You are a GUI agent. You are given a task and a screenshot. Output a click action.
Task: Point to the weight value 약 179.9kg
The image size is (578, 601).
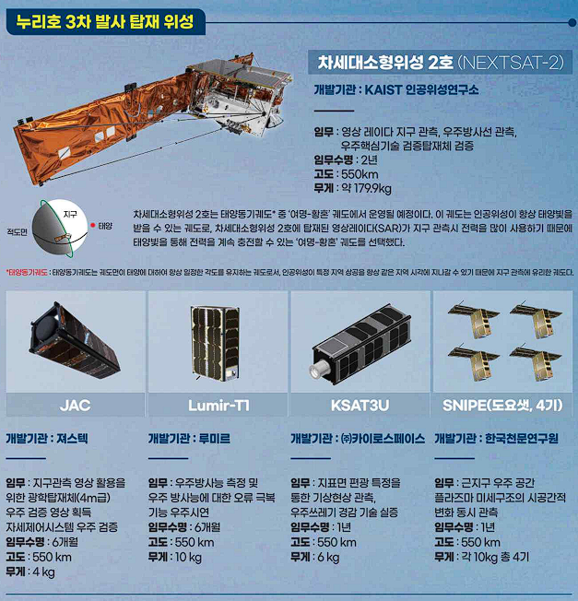pyautogui.click(x=367, y=188)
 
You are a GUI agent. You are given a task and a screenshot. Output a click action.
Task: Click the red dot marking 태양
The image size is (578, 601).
pyautogui.click(x=93, y=225)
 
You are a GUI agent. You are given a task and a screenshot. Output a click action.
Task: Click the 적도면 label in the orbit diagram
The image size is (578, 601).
pyautogui.click(x=18, y=234)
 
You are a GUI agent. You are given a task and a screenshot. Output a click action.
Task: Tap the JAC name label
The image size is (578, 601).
pyautogui.click(x=74, y=405)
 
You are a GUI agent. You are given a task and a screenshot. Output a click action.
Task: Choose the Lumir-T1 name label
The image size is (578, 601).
pyautogui.click(x=218, y=405)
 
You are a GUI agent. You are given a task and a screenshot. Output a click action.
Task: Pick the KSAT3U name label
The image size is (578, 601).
pyautogui.click(x=360, y=405)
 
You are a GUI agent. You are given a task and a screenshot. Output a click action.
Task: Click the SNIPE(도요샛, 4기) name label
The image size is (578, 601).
pyautogui.click(x=502, y=405)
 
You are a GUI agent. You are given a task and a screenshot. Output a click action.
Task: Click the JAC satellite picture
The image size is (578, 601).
pyautogui.click(x=74, y=341)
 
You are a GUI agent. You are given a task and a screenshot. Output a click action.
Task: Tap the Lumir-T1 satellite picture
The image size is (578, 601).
pyautogui.click(x=218, y=341)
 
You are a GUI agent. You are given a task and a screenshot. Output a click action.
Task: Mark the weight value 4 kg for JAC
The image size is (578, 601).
pyautogui.click(x=43, y=572)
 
